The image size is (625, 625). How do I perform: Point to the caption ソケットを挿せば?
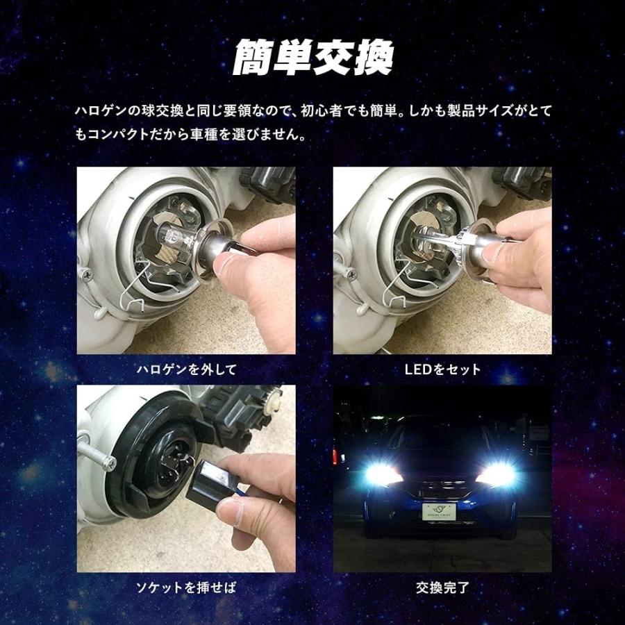pyautogui.click(x=185, y=588)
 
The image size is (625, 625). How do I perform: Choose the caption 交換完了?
pyautogui.click(x=442, y=588)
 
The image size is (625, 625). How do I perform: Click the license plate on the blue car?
pyautogui.click(x=442, y=512)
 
